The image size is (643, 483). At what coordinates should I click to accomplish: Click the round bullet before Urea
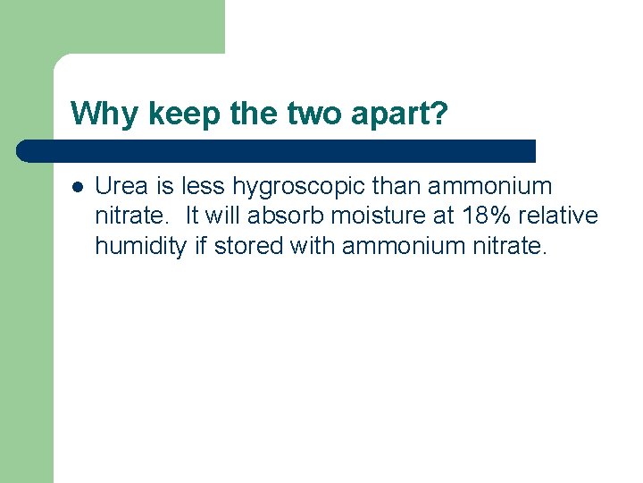pyautogui.click(x=77, y=187)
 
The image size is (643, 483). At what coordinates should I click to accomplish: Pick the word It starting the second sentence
pyautogui.click(x=193, y=216)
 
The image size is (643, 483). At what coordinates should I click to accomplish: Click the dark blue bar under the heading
pyautogui.click(x=277, y=150)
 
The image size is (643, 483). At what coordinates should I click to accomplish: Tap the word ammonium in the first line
pyautogui.click(x=491, y=186)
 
